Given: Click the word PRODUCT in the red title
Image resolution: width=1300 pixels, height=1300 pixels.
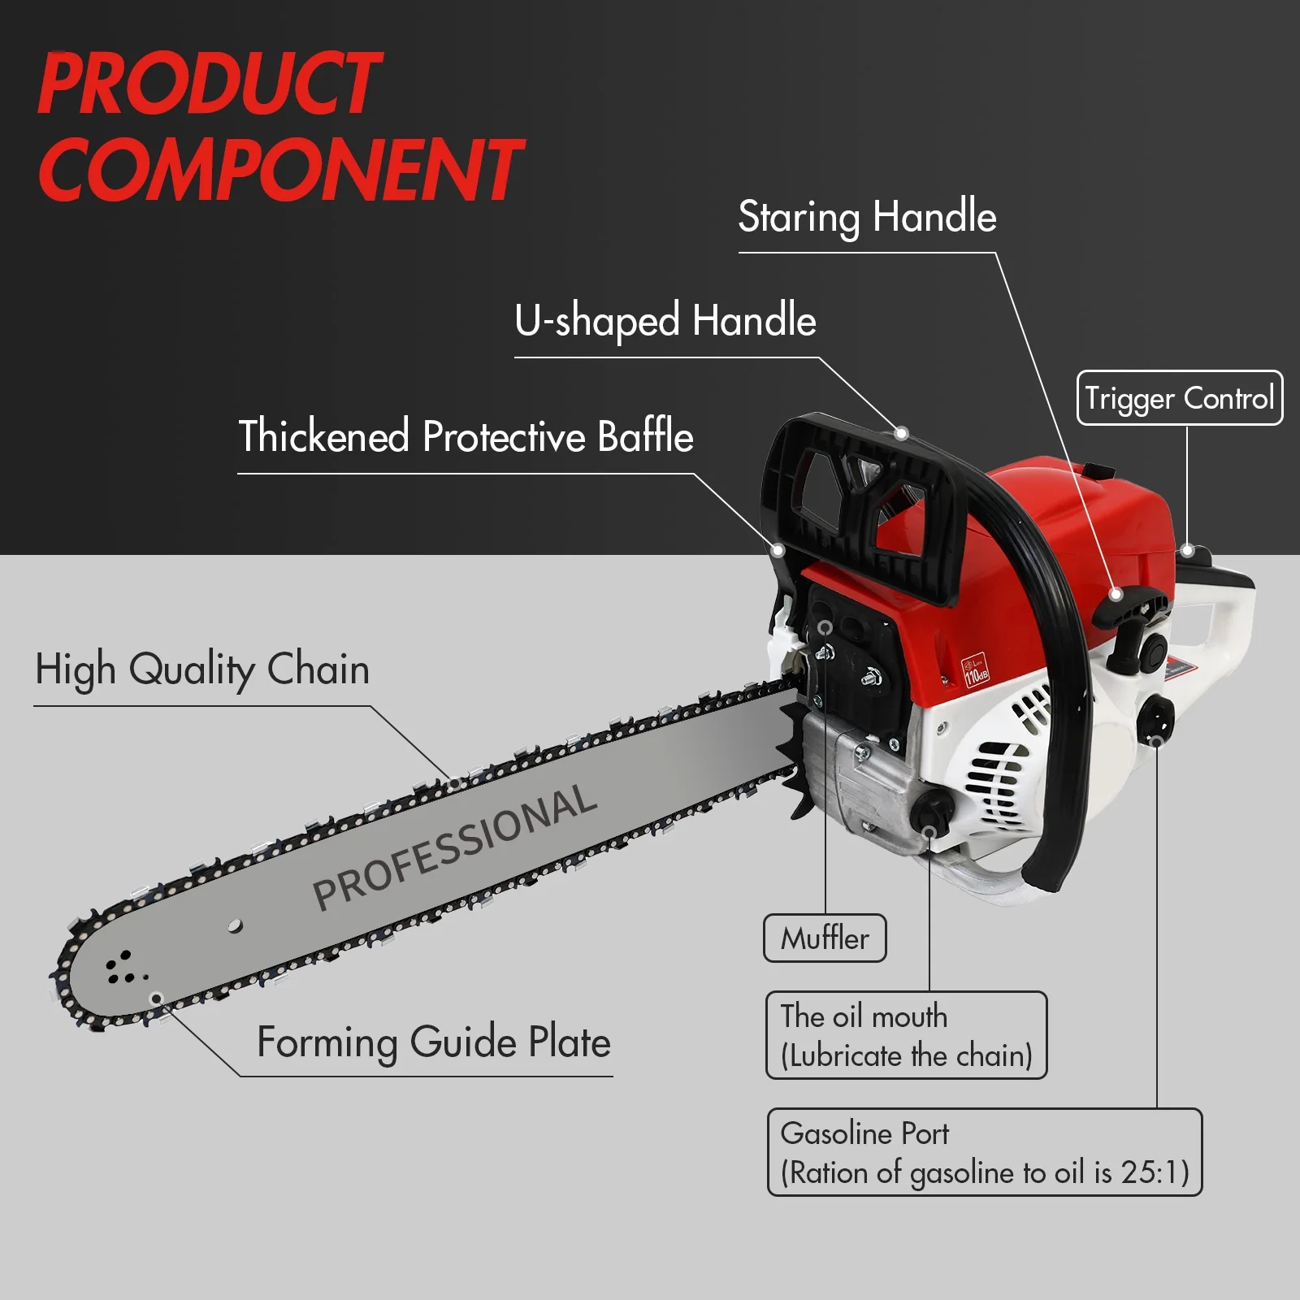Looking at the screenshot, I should click(209, 83).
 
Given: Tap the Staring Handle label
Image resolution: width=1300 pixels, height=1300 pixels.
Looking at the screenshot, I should click(867, 217).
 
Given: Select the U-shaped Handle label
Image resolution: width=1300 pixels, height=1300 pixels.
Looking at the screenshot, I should click(665, 320).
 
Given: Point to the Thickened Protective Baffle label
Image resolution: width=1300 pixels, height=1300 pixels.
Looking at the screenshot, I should click(466, 436).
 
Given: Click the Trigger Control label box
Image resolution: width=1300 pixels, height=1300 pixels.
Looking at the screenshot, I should click(1179, 398).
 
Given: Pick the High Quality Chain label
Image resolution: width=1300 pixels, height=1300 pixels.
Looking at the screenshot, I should click(202, 669).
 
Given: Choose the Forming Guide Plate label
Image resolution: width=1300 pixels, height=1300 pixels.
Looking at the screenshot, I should click(433, 1042).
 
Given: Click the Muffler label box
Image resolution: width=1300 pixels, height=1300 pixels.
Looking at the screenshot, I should click(825, 938).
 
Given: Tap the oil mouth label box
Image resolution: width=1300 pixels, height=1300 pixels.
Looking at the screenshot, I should click(906, 1035).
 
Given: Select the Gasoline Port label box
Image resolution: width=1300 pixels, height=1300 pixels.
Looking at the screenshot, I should click(984, 1152).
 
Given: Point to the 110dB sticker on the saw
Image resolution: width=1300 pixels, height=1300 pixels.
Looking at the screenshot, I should click(975, 670).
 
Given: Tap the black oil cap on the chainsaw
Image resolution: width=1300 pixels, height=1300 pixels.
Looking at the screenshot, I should click(930, 809).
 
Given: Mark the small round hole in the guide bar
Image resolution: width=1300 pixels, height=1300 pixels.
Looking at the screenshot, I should click(235, 925).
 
